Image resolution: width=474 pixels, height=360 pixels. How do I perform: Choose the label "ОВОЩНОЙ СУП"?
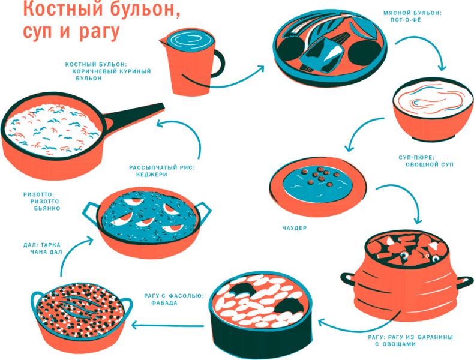pyautogui.click(x=431, y=164)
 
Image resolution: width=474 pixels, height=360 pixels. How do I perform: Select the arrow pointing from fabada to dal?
pyautogui.click(x=168, y=326)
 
